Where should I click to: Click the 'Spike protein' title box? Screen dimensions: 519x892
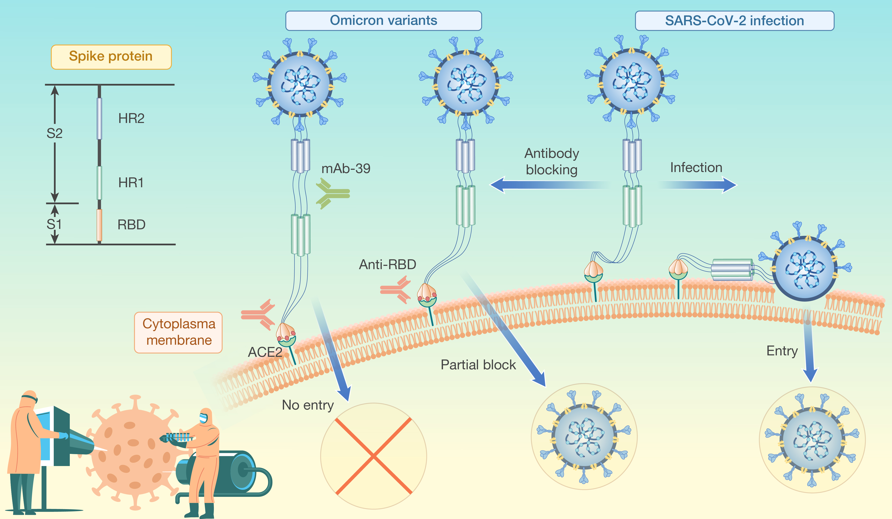111,57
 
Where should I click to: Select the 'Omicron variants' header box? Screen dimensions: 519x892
383,21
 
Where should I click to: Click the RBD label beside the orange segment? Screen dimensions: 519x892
131,224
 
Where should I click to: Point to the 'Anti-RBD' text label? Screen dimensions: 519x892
387,264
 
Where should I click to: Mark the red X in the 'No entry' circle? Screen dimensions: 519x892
373,456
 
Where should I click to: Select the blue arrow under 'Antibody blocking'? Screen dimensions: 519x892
549,185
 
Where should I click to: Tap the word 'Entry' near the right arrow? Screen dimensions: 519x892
782,351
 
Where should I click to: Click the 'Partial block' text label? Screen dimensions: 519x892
478,365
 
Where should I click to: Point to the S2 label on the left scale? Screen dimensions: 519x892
55,133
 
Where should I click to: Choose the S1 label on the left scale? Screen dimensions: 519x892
54,224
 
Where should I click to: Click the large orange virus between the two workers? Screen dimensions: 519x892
133,451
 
